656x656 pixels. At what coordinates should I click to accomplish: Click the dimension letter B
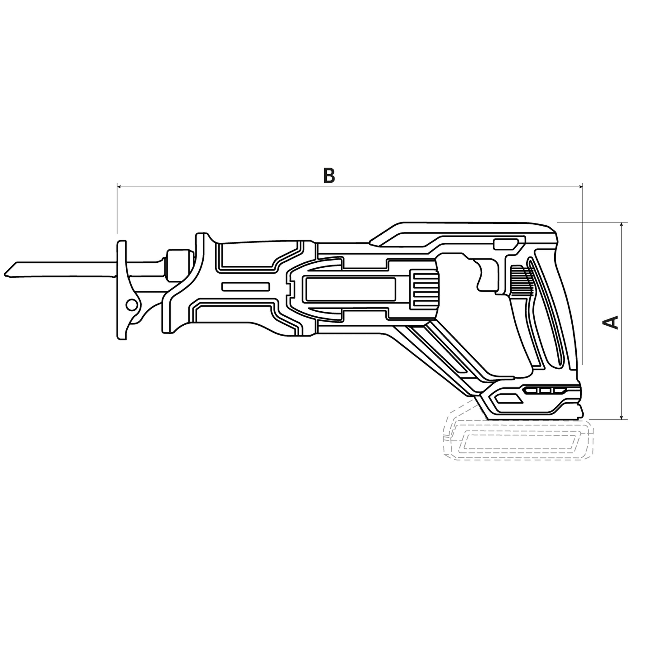coord(329,176)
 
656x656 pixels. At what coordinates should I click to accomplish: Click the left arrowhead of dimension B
coord(119,186)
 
